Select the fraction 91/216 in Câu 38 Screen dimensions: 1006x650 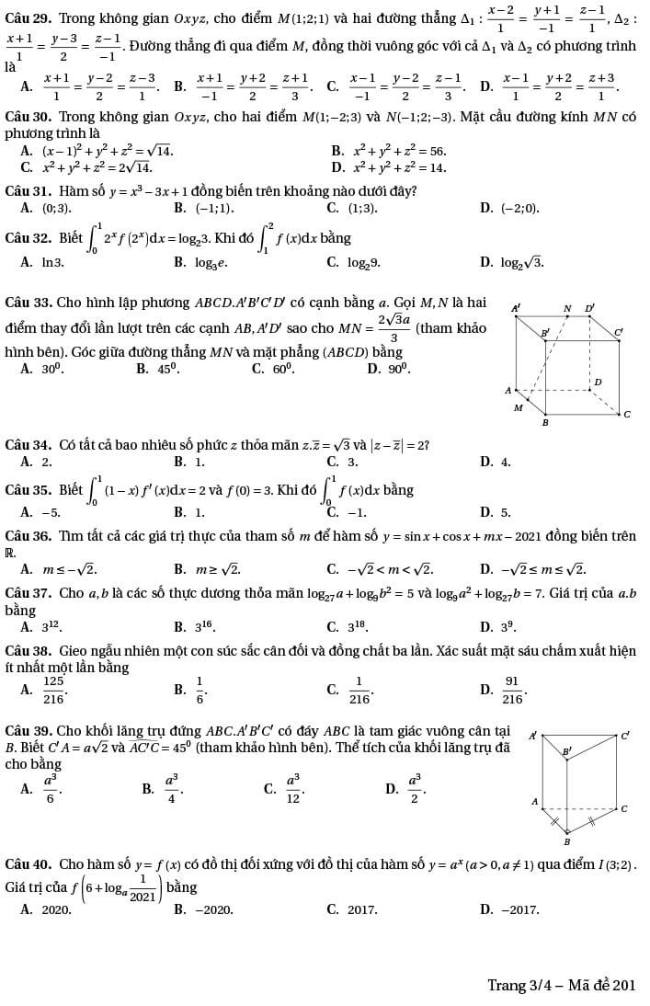pyautogui.click(x=512, y=688)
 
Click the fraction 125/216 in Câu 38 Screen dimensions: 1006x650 pyautogui.click(x=54, y=688)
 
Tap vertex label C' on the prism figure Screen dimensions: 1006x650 pyautogui.click(x=625, y=734)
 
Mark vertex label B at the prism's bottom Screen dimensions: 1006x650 pyautogui.click(x=566, y=841)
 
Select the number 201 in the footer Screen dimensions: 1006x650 pyautogui.click(x=624, y=985)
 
